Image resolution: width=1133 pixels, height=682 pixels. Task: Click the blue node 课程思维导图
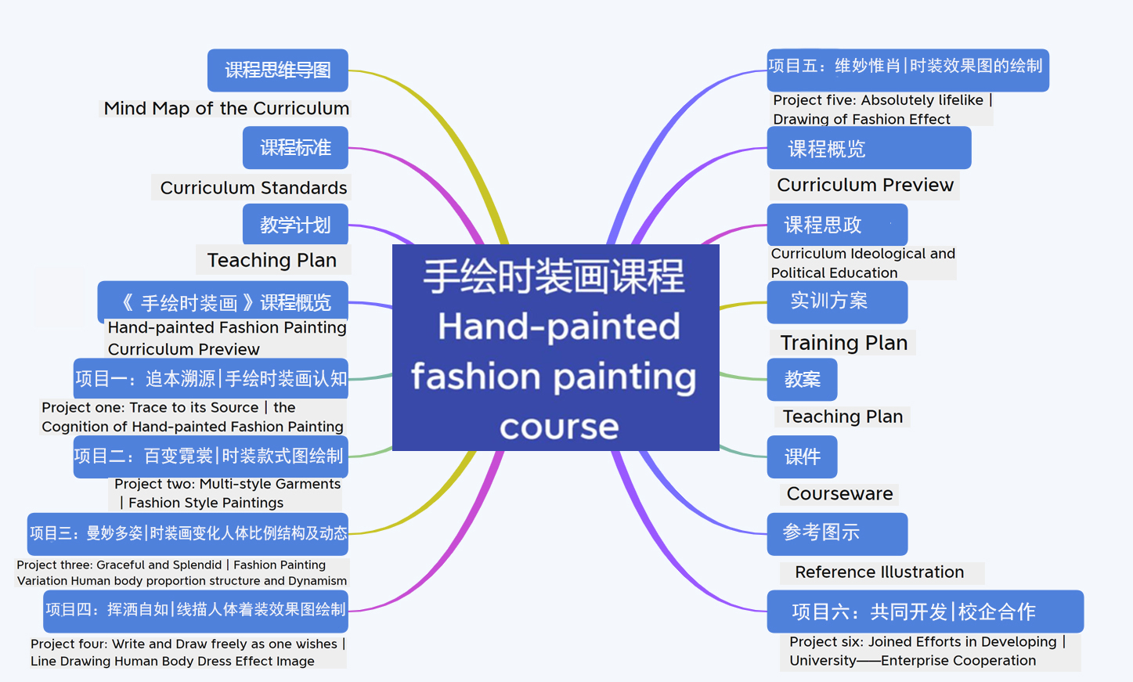(x=278, y=70)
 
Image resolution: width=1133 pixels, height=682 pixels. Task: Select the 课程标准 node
(x=295, y=148)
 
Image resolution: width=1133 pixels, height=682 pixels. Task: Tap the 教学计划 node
(x=295, y=225)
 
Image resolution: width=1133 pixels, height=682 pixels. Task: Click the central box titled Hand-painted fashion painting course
(x=556, y=348)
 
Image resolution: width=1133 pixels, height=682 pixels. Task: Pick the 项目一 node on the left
(x=211, y=378)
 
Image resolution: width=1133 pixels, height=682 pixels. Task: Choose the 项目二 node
(x=211, y=456)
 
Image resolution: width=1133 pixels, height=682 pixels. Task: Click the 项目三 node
(x=188, y=534)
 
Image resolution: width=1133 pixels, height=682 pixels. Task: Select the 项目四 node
(x=196, y=612)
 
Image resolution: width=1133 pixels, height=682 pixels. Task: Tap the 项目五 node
(x=908, y=70)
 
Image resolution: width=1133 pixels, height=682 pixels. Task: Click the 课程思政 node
(x=837, y=225)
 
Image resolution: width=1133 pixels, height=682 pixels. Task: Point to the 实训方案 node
(x=837, y=302)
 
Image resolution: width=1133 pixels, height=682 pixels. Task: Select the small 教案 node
(x=803, y=380)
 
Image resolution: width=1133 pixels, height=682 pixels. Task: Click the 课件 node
(x=803, y=456)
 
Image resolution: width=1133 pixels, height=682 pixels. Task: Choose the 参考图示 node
(x=837, y=534)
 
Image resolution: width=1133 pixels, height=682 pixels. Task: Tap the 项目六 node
(x=926, y=612)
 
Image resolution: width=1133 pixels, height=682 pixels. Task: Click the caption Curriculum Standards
(x=254, y=188)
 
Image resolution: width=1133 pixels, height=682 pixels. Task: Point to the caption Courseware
(x=839, y=493)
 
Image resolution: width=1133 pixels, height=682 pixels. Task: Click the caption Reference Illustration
(x=879, y=572)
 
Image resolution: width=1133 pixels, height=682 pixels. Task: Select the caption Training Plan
(x=843, y=342)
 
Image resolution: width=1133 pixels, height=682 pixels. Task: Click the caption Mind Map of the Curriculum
(x=226, y=108)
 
